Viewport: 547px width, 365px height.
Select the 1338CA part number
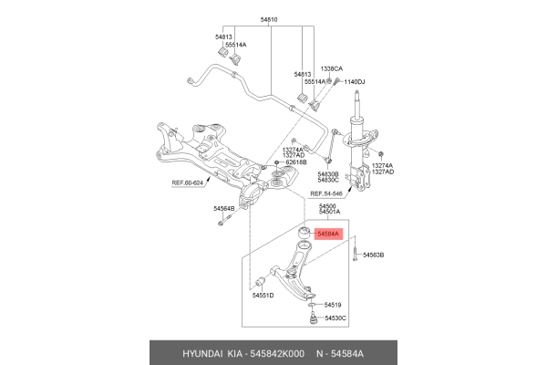pyautogui.click(x=331, y=68)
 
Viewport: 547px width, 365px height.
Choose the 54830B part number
pyautogui.click(x=328, y=172)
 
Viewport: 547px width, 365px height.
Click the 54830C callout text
pyautogui.click(x=328, y=180)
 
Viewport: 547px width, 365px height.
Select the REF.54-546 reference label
pyautogui.click(x=327, y=194)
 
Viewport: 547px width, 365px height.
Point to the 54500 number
pyautogui.click(x=327, y=207)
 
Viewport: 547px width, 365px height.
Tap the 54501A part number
pyautogui.click(x=328, y=214)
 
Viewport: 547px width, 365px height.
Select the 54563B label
pyautogui.click(x=372, y=255)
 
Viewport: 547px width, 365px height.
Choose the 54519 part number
pyautogui.click(x=332, y=304)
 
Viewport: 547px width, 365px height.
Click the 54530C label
pyautogui.click(x=334, y=318)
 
